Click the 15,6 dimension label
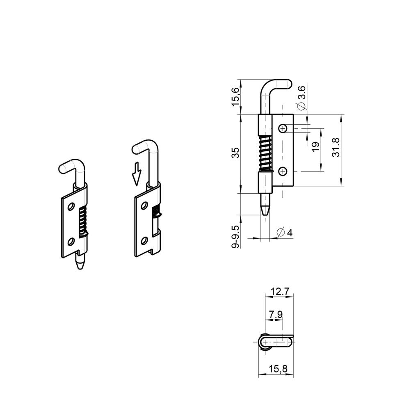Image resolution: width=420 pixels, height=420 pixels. click(x=235, y=97)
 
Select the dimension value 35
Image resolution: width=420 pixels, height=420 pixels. click(x=235, y=153)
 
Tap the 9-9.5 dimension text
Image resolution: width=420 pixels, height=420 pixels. click(x=235, y=236)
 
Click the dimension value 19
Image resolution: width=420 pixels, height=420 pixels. click(x=315, y=147)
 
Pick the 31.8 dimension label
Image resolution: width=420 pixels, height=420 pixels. click(x=336, y=147)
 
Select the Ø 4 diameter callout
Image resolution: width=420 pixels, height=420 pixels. click(x=284, y=233)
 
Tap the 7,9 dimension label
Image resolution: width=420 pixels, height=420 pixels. click(x=275, y=315)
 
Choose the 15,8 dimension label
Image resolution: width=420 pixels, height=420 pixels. click(x=278, y=369)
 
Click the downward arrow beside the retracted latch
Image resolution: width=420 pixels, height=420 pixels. click(x=136, y=174)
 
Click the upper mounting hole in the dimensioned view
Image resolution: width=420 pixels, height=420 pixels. click(x=283, y=129)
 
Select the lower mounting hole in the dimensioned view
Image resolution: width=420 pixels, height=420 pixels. click(x=283, y=171)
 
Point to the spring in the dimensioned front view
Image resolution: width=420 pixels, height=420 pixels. click(x=266, y=153)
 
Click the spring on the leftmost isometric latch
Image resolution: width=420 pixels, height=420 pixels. click(x=82, y=222)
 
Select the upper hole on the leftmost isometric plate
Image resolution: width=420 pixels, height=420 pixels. click(x=71, y=206)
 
